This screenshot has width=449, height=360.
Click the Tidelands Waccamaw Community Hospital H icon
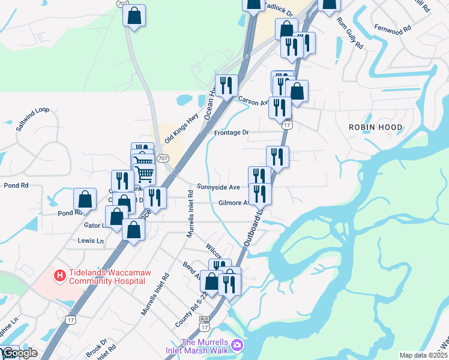pos(60,276)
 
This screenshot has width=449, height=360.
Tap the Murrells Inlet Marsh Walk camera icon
pos(238,345)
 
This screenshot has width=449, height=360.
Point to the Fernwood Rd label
pos(393,28)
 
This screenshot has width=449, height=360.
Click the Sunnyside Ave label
pos(218,187)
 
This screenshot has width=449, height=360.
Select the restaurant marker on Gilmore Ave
pos(260,193)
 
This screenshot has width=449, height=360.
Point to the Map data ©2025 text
pos(424,355)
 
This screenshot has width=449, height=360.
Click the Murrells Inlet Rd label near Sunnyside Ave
pos(190,214)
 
